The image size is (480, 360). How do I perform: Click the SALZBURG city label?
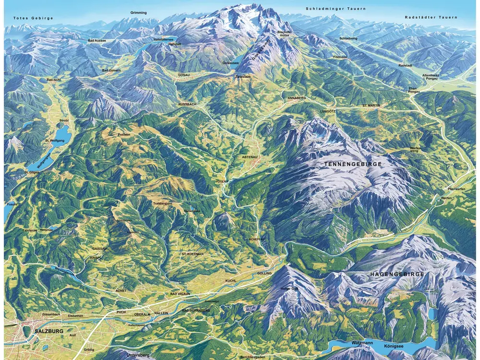48,331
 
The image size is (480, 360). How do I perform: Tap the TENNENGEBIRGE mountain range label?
353,164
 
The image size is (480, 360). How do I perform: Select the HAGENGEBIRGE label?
396,274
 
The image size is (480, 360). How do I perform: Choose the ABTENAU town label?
252,156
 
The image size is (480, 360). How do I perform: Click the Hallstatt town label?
175,44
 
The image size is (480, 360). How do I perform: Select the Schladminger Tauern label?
336,9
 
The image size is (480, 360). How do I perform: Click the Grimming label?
138,12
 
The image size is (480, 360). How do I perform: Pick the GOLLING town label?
264,273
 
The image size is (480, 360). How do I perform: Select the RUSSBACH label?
187,104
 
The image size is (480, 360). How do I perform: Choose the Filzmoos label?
339,57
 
